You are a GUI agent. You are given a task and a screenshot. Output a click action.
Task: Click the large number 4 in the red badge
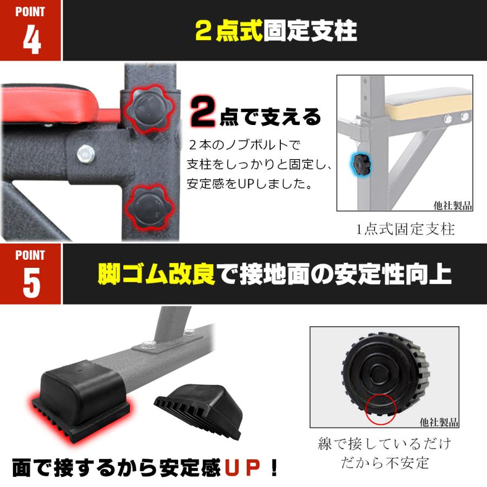pos(31,39)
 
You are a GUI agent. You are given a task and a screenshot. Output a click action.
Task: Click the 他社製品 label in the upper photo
pos(453,206)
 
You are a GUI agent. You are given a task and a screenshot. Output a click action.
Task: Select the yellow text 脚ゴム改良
pos(156,274)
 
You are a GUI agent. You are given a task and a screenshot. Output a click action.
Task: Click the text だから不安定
pos(384,463)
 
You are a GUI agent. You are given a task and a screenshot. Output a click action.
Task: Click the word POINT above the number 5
pos(30,255)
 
